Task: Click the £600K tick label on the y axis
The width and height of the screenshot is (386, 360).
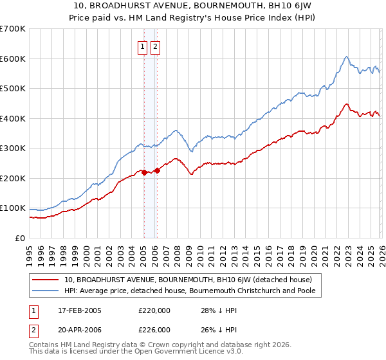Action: point(12,59)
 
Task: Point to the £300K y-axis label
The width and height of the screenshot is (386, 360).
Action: point(12,148)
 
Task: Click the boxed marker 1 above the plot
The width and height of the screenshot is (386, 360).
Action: point(142,46)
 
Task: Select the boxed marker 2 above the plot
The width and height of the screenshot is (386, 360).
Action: point(156,46)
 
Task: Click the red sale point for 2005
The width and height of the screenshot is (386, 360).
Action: point(143,172)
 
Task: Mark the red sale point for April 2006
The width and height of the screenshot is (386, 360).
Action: point(157,170)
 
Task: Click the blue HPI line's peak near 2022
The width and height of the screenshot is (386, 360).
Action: point(346,57)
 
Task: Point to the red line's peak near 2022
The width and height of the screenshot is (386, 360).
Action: point(346,104)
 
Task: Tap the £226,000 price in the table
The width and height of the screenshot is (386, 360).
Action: point(154,330)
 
